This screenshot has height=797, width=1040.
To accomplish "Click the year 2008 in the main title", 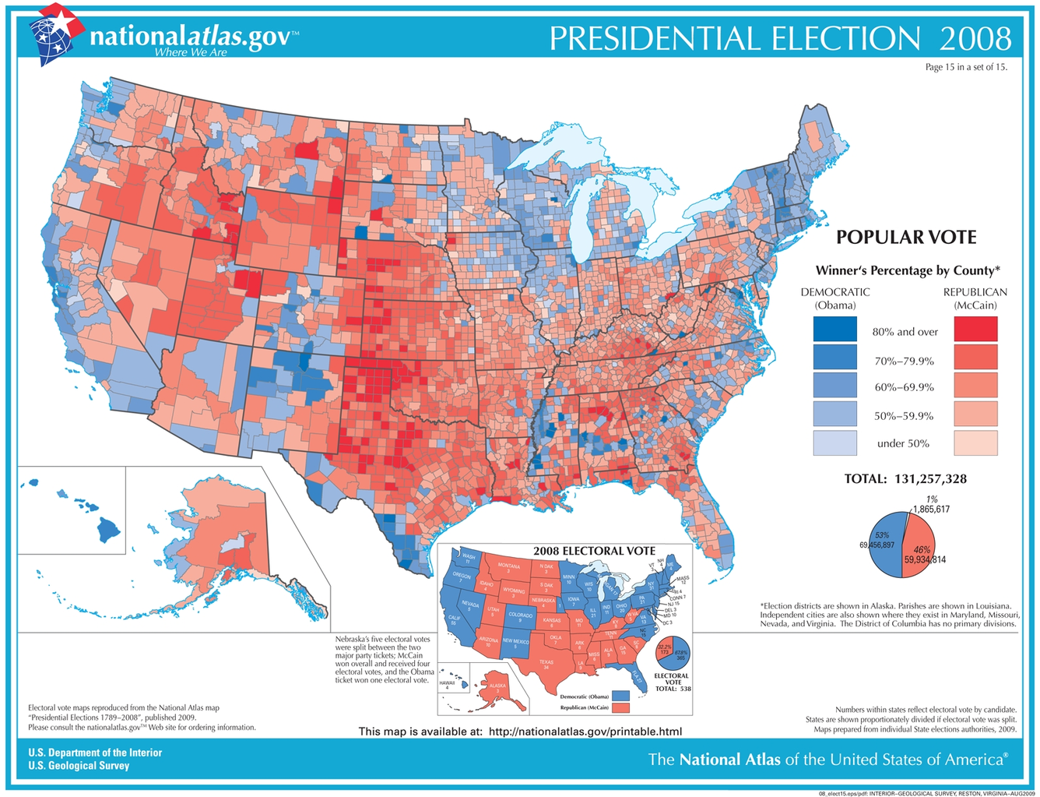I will click(x=975, y=38).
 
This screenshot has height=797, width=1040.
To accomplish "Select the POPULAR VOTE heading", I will click(x=905, y=238).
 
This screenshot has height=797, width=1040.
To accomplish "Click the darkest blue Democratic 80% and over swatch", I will click(x=834, y=330).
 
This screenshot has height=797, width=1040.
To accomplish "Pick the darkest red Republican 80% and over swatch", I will click(x=975, y=330).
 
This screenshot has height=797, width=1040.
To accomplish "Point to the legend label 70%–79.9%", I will click(x=903, y=361).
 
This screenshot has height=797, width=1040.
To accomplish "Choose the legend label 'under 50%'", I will click(x=903, y=443).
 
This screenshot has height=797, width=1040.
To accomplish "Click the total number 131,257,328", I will click(x=928, y=478).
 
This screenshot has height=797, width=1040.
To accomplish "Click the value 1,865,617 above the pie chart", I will click(x=930, y=509).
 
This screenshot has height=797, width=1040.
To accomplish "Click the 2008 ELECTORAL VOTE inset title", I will click(x=594, y=551).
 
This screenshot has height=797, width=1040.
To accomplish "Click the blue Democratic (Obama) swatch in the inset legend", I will click(x=620, y=695).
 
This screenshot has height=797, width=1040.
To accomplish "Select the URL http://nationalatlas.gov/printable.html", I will click(x=585, y=731).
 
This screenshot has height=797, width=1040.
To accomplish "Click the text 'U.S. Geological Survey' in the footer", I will click(x=79, y=765).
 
